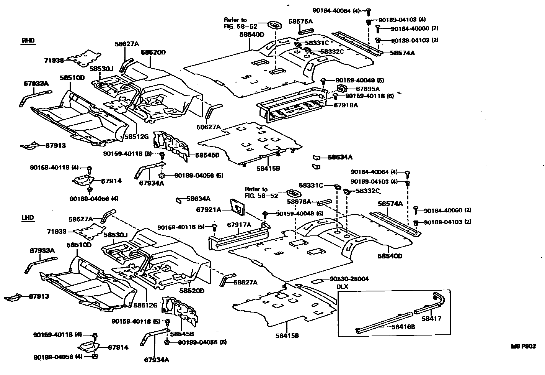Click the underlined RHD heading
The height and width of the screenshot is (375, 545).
(x=28, y=41)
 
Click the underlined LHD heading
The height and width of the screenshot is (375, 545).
(x=28, y=218)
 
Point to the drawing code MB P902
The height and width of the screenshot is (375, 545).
(x=524, y=346)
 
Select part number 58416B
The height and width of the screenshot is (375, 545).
(x=403, y=327)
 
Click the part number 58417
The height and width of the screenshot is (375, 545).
(x=431, y=318)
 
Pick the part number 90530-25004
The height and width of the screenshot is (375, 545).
(x=349, y=279)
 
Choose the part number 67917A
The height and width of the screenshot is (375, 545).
(x=238, y=225)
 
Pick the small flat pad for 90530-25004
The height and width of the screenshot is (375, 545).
(x=318, y=281)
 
